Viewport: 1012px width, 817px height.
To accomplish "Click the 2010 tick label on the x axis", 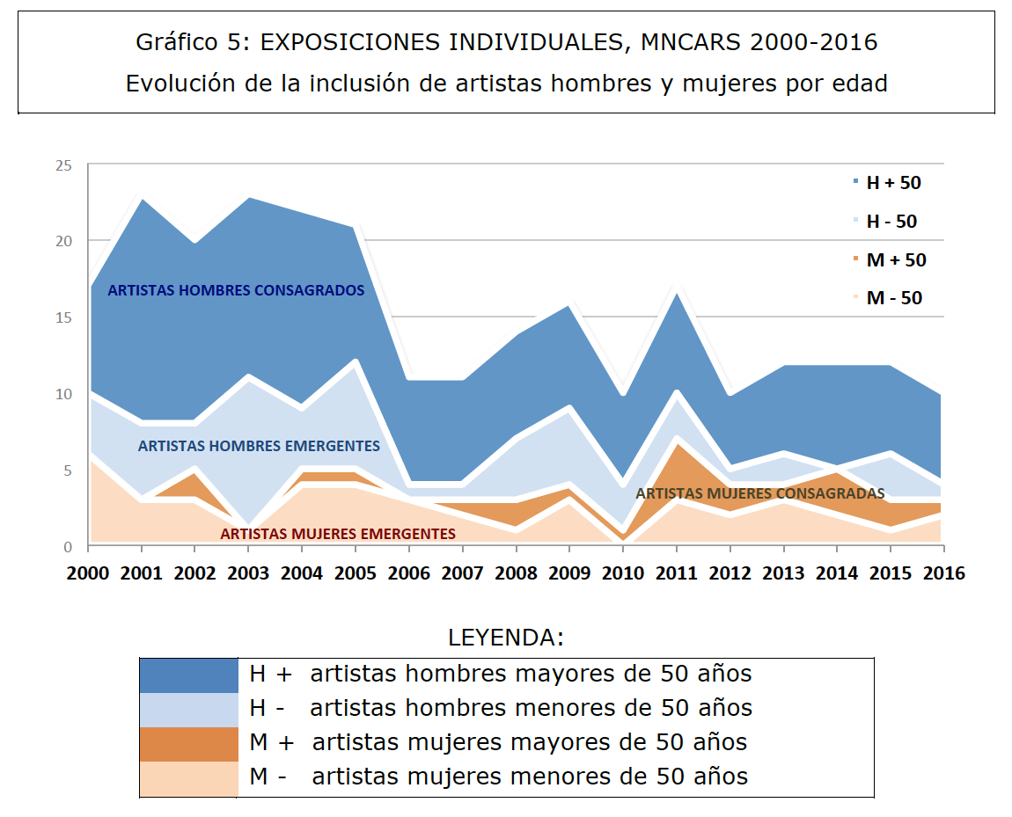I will [x=622, y=573].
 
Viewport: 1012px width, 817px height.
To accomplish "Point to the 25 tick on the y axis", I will [x=62, y=165].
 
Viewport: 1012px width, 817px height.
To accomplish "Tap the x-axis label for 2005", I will [x=356, y=573].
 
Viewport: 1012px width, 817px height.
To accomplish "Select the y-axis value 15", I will [x=62, y=317].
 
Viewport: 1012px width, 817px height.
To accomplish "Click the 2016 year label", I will [x=942, y=573].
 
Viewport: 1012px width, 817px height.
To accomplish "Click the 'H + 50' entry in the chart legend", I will [x=893, y=183].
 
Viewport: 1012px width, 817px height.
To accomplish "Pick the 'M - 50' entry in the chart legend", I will [x=894, y=298].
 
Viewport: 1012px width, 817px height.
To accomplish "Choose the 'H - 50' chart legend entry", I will [x=891, y=222].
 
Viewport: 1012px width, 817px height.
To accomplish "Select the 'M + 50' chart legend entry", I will [x=896, y=260].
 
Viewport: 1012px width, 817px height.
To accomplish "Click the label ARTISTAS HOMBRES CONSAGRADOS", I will [x=236, y=290].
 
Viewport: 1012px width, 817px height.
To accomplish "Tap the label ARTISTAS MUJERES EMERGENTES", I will [x=338, y=534].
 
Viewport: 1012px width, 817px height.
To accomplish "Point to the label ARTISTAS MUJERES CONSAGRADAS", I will [x=759, y=493].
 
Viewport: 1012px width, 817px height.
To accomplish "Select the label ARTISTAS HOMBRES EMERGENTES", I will [x=259, y=446].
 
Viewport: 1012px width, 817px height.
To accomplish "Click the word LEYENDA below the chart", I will [x=505, y=638].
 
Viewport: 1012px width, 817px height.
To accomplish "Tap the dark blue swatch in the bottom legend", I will [x=189, y=675].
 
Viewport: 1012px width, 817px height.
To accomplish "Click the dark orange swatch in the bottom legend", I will [x=189, y=743].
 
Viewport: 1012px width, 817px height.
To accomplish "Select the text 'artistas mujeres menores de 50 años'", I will [x=530, y=777].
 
